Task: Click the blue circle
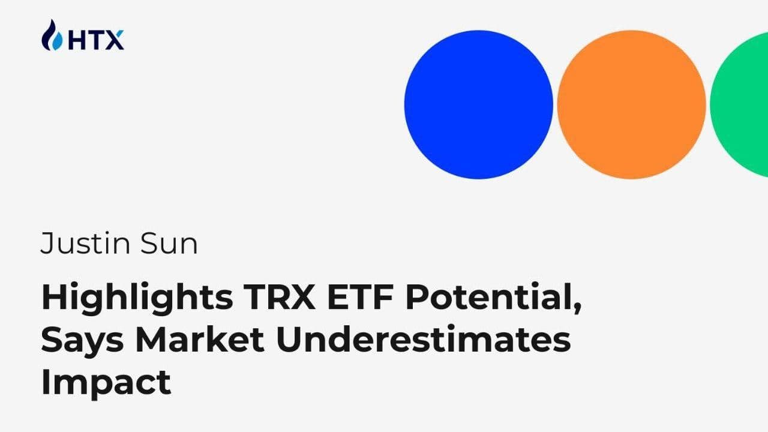pos(478,104)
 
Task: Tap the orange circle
pos(631,104)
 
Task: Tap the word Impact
pos(106,382)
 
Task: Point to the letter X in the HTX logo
pos(114,40)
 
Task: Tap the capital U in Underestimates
pos(289,339)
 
